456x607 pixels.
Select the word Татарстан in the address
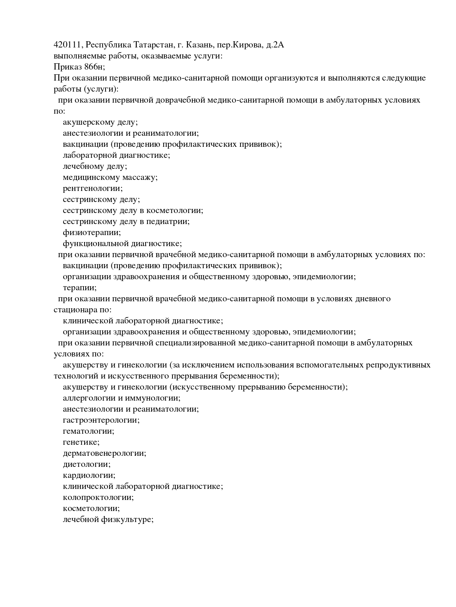pyautogui.click(x=153, y=45)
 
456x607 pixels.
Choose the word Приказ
pyautogui.click(x=67, y=67)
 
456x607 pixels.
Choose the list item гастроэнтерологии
pyautogui.click(x=101, y=420)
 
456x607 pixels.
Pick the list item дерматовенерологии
pyautogui.click(x=104, y=453)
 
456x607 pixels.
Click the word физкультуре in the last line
pyautogui.click(x=127, y=519)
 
